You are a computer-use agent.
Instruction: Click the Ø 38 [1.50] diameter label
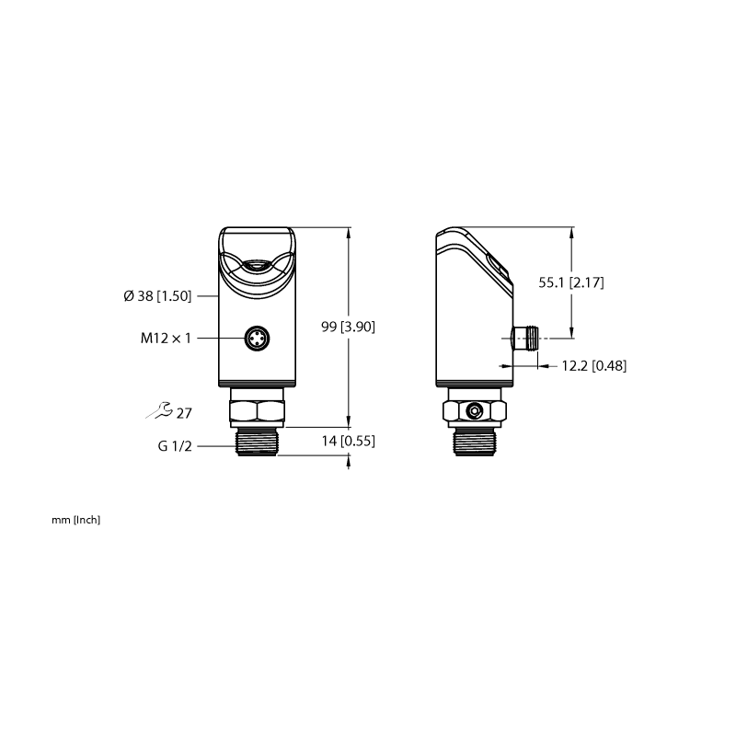(157, 296)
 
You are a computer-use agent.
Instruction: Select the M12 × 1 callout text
(166, 338)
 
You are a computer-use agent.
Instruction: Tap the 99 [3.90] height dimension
(349, 327)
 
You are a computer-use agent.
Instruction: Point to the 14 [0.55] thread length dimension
(349, 442)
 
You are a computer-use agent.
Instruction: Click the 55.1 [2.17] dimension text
(571, 282)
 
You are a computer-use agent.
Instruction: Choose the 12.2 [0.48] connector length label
(594, 365)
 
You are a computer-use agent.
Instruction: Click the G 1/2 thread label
(175, 446)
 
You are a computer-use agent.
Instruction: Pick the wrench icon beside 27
(159, 409)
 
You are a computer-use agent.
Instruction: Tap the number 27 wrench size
(184, 413)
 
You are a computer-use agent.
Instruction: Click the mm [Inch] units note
(76, 520)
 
